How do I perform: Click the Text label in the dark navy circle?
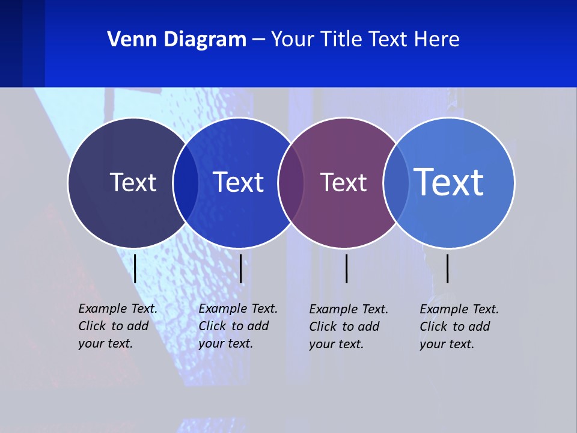(133, 182)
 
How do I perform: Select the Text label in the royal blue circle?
(238, 182)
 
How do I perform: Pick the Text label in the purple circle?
(343, 182)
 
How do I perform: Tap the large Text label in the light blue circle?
(448, 182)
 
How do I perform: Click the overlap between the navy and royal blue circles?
(186, 183)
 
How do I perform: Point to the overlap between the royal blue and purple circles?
(291, 183)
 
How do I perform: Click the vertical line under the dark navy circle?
(135, 268)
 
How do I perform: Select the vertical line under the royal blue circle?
(240, 268)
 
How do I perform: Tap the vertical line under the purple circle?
(346, 268)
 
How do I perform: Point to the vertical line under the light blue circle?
(447, 268)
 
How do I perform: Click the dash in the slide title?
(258, 40)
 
